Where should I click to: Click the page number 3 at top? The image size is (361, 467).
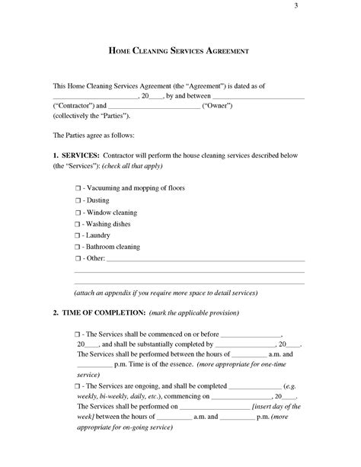pyautogui.click(x=295, y=7)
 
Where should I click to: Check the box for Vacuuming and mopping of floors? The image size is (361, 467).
pyautogui.click(x=78, y=187)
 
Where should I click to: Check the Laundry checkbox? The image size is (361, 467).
pyautogui.click(x=78, y=236)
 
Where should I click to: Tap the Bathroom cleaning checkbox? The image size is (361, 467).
pyautogui.click(x=78, y=248)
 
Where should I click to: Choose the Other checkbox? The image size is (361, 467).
pyautogui.click(x=78, y=261)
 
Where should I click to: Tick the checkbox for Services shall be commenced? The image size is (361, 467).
pyautogui.click(x=78, y=334)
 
